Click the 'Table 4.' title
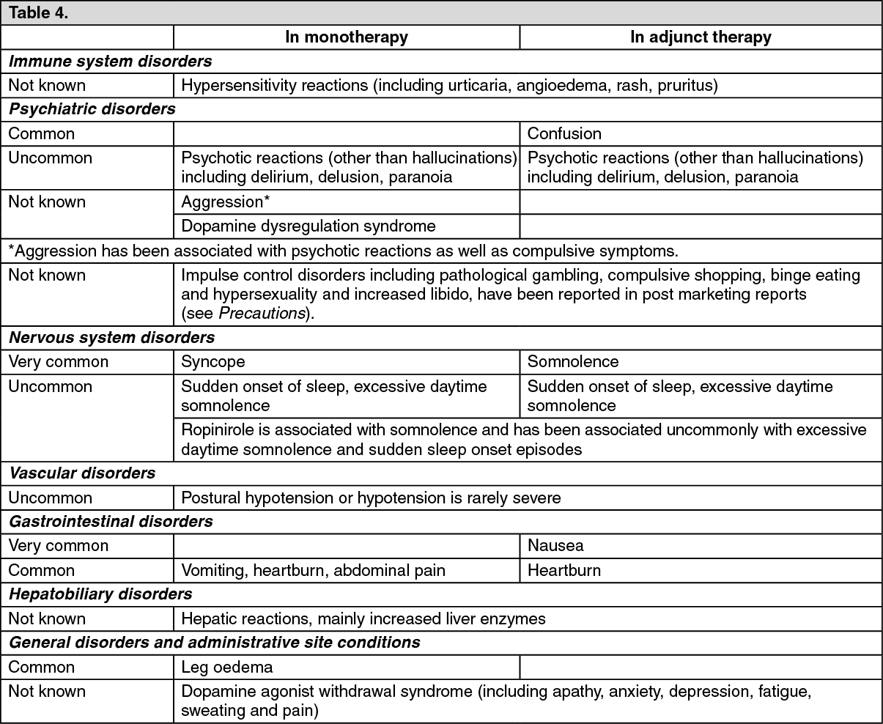coord(38,13)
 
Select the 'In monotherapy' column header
coord(346,37)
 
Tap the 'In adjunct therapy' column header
coord(701,37)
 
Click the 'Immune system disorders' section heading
coord(110,62)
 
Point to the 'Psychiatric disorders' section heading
coord(92,109)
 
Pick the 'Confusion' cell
coord(564,133)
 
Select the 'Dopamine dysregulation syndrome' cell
coord(309,226)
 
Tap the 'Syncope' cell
coord(213,361)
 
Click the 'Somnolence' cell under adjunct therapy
coord(573,361)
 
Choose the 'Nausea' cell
coord(555,545)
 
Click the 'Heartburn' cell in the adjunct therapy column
coord(564,570)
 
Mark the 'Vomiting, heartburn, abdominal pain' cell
coord(313,570)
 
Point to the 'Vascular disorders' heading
coord(82,473)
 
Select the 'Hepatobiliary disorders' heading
coord(100,594)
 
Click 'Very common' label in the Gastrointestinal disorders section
coord(58,545)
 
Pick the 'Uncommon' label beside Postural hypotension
coord(50,498)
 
